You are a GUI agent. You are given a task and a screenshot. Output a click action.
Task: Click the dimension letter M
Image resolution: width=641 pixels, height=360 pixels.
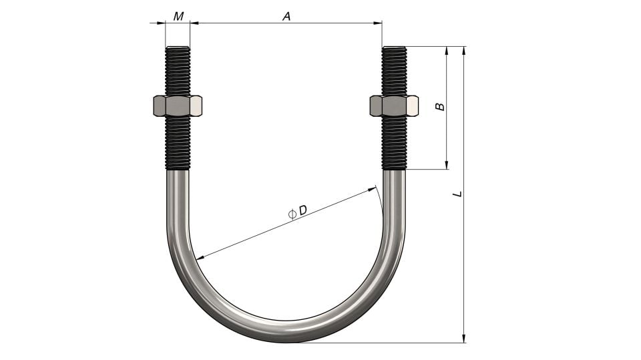coord(178,16)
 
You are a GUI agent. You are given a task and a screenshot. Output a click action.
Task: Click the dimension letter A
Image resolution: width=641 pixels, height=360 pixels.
coord(286,16)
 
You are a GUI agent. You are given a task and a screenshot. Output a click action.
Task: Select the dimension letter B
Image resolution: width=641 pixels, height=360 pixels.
coord(440,106)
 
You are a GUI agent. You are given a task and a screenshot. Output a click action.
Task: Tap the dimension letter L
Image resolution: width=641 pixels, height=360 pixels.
coord(457,194)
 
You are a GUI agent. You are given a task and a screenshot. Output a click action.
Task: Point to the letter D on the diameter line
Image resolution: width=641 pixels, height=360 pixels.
coord(302,210)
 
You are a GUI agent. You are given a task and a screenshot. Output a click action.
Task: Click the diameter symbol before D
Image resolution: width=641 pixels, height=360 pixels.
coord(292,214)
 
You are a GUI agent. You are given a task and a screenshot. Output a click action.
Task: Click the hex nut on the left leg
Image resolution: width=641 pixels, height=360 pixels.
coord(178,106)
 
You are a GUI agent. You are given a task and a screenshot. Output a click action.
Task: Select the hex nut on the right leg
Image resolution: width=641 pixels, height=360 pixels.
coord(394,106)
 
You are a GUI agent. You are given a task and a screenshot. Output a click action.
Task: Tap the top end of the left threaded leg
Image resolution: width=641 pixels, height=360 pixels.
coord(178,48)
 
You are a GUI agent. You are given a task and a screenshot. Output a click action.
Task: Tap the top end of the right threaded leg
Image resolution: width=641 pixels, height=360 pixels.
coord(394,48)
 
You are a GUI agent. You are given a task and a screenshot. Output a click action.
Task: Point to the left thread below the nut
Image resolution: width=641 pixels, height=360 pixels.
coord(178,144)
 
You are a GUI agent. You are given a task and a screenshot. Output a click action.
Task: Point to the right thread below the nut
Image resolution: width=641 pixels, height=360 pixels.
coord(394,144)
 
